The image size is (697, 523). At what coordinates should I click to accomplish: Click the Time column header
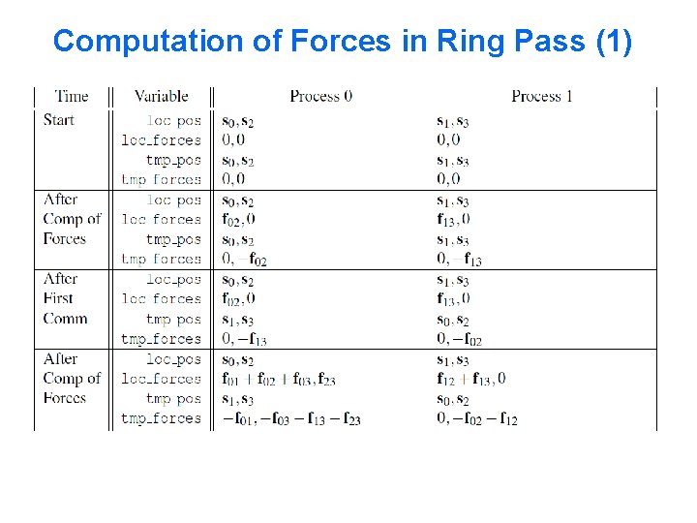pos(72,96)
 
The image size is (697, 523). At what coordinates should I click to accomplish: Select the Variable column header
pos(161,96)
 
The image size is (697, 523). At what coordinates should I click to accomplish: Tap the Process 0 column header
pos(320,96)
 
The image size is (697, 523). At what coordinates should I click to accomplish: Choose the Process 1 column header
pos(542,96)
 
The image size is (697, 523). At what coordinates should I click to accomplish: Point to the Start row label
pos(59,120)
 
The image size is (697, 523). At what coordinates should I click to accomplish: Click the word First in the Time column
pos(58,298)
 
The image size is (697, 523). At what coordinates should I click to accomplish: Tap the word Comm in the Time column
pos(65,319)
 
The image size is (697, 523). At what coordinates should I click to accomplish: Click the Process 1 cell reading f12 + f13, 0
pos(471,379)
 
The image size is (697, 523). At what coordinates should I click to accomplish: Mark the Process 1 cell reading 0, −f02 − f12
pos(477,419)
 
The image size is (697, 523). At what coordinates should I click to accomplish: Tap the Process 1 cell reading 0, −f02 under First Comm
pos(460,339)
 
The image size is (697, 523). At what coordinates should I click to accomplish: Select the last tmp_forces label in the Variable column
pos(161,419)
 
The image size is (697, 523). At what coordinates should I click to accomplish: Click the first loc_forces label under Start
pos(161,140)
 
